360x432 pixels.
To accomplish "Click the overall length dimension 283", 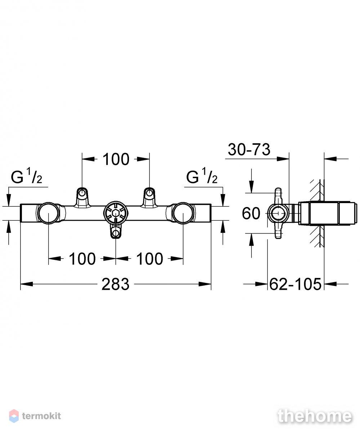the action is (x=115, y=284).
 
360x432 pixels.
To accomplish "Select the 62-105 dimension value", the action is (x=295, y=284).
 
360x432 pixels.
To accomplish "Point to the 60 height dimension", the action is (x=251, y=213).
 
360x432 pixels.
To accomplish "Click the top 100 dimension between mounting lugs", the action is (x=116, y=159).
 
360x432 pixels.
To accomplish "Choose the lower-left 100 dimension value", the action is (x=82, y=258).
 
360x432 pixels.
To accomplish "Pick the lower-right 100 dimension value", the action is (x=150, y=258).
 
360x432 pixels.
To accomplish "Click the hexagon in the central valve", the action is (x=116, y=213).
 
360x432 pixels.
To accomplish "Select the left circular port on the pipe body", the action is (x=48, y=213).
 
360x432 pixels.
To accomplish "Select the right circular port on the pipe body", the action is (x=183, y=213).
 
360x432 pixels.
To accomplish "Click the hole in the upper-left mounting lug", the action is (x=82, y=193).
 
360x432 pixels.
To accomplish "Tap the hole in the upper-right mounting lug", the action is (x=149, y=193).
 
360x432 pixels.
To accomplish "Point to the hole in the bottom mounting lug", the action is (x=116, y=234).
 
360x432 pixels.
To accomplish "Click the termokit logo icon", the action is (x=14, y=416).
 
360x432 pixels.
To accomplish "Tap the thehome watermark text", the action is (x=315, y=416).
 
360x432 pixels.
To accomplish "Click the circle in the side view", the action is (x=278, y=213).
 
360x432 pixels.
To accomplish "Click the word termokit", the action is (x=42, y=416).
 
